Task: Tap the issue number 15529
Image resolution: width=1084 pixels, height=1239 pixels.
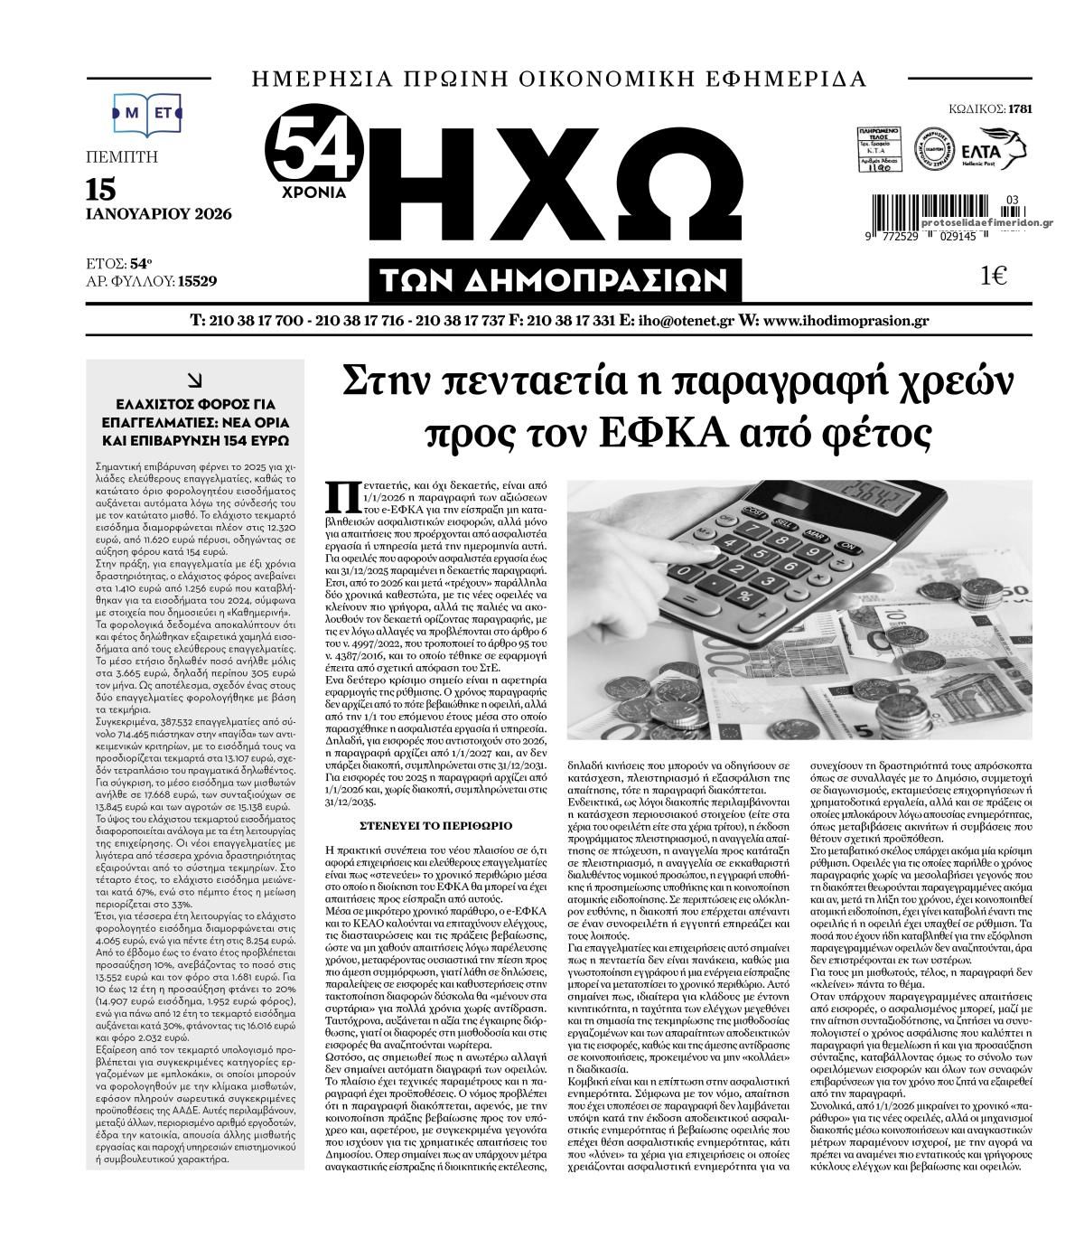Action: pos(197,281)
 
